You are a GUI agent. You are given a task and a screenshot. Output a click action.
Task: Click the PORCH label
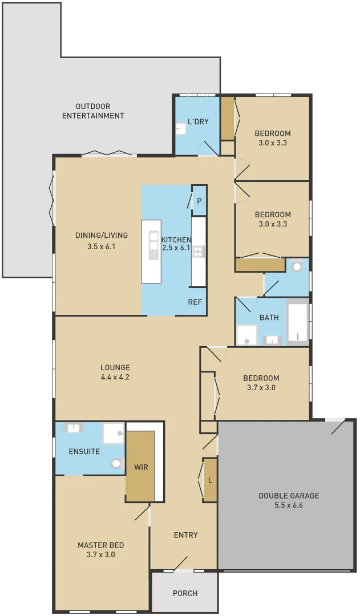coord(185,593)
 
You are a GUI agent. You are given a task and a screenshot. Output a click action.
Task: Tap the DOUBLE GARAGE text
coord(289,496)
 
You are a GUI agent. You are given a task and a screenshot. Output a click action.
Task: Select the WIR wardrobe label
coord(141,467)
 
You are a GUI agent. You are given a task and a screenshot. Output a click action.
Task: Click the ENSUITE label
coord(84,451)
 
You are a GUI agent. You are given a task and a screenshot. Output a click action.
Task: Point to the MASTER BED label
coord(100,545)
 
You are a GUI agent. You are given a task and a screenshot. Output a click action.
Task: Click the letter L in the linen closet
coord(210,480)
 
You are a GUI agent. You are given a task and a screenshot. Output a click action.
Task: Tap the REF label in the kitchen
coord(196,302)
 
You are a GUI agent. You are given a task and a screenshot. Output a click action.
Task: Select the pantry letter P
coord(199,201)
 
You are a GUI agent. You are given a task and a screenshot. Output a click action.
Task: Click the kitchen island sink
coord(153,245)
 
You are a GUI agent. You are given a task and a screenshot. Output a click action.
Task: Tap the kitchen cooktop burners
coord(199,252)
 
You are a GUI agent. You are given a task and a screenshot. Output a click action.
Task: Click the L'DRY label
coord(198,121)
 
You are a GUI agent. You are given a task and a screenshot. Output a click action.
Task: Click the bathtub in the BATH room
coord(297,322)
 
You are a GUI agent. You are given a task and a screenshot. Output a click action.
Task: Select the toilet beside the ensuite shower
coord(118,464)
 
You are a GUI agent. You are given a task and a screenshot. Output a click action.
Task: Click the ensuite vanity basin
coord(74,427)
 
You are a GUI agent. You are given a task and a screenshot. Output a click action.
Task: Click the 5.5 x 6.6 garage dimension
coord(289,505)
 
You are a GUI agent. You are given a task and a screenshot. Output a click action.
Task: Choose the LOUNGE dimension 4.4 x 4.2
coord(115,377)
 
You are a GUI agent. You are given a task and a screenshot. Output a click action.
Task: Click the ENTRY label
coord(185,535)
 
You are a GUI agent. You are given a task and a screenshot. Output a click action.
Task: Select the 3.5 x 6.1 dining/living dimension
coord(101,246)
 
